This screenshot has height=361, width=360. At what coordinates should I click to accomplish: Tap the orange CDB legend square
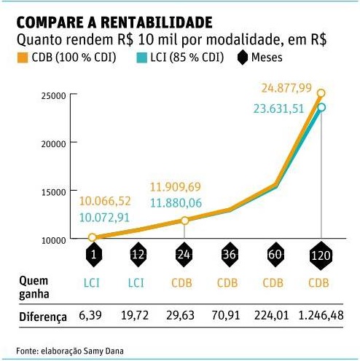tap(21, 56)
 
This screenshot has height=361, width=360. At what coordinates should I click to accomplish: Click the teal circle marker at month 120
tap(319, 108)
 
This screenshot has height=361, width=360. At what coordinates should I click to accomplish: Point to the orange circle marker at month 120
tap(321, 94)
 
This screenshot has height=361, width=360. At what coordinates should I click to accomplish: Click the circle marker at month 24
tap(184, 221)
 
